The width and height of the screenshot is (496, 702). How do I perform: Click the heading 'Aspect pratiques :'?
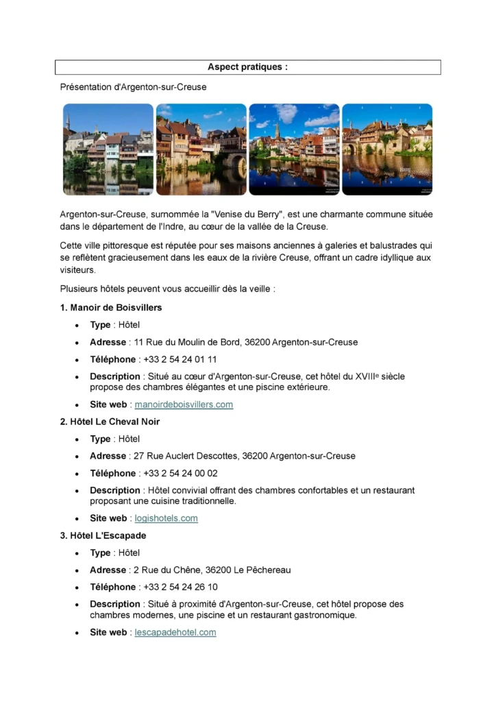(x=247, y=67)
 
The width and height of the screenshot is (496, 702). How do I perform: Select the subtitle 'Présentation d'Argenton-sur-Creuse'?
(x=134, y=87)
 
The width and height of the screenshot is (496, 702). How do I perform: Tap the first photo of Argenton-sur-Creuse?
(x=108, y=149)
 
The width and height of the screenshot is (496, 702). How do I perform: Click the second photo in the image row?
(x=201, y=149)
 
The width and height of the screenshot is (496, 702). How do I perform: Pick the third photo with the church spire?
(x=294, y=149)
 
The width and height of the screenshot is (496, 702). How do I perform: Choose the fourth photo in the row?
(x=387, y=149)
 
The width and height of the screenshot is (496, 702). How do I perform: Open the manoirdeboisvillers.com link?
(x=184, y=404)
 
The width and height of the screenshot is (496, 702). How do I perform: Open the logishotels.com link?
(x=166, y=518)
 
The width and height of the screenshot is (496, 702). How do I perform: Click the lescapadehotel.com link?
(x=175, y=632)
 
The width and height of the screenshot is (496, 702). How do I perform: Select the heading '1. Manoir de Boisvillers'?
(x=111, y=307)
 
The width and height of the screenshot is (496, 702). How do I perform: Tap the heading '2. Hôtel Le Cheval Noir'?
(x=110, y=421)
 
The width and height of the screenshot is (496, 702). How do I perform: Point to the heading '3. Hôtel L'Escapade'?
(x=103, y=535)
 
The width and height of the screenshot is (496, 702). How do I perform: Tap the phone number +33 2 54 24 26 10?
(x=180, y=587)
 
